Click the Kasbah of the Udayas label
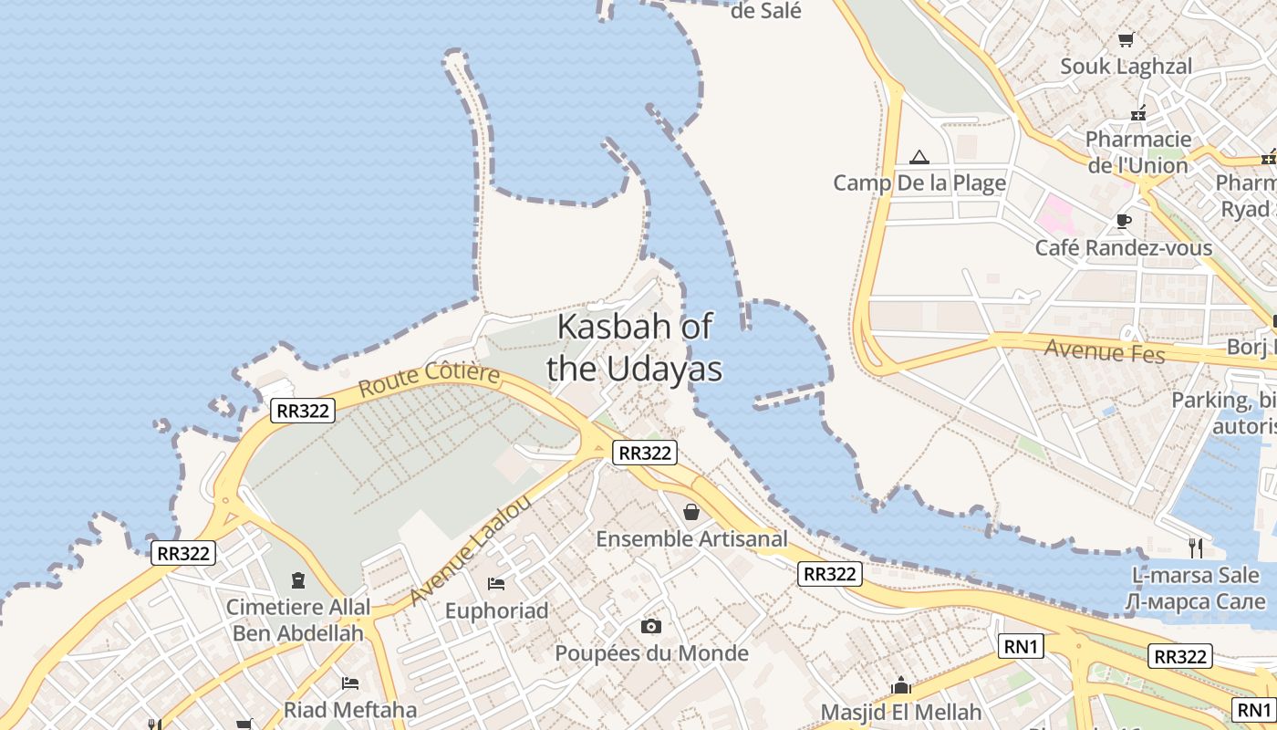634,348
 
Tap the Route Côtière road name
429,379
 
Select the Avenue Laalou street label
470,550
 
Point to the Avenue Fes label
1105,349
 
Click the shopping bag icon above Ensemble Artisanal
691,512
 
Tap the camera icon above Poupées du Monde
650,626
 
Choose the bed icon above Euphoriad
496,583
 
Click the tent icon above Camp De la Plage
919,157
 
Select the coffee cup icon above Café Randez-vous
1124,222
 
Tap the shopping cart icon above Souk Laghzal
1126,39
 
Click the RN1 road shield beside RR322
1021,646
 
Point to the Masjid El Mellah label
901,712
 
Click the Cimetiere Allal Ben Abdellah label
299,620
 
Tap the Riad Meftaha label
350,710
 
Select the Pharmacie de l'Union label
1137,152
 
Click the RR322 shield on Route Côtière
303,411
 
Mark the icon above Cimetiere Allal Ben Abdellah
297,579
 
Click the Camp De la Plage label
919,182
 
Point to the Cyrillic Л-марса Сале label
1196,601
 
